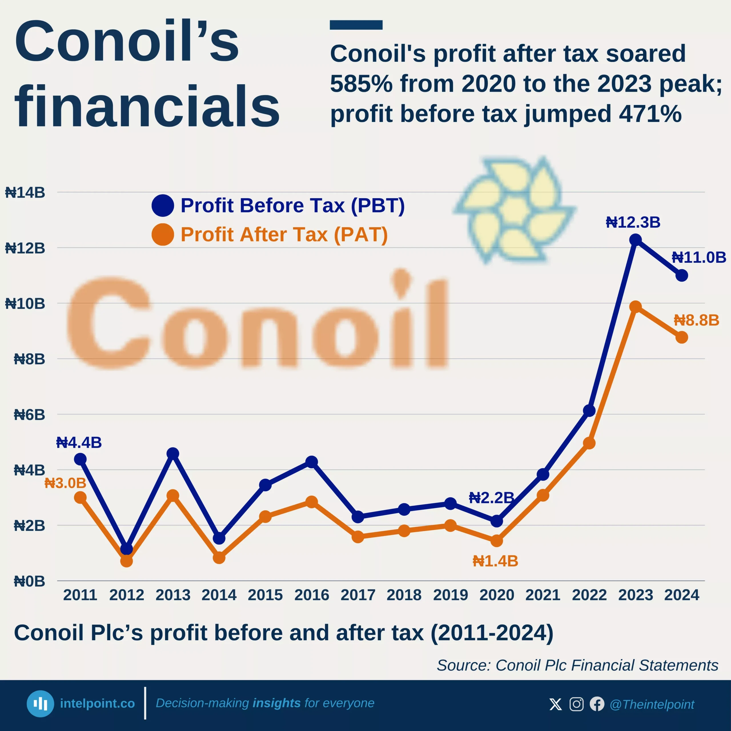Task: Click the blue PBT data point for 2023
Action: pos(635,240)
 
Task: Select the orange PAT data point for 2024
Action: pos(681,337)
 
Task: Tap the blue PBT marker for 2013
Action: pos(173,453)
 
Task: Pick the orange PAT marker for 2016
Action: pos(312,502)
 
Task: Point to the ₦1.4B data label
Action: pos(495,561)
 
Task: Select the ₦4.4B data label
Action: pos(79,443)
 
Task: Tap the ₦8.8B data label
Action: pos(696,320)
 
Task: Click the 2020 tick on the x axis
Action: pos(496,595)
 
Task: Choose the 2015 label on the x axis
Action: pos(265,595)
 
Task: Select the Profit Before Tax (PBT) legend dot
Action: pos(163,206)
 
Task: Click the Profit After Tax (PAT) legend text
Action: pos(284,235)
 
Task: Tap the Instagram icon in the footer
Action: pos(576,704)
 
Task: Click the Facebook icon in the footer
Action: pos(597,704)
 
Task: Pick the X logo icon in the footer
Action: pos(555,704)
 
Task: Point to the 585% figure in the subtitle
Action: pos(361,84)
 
